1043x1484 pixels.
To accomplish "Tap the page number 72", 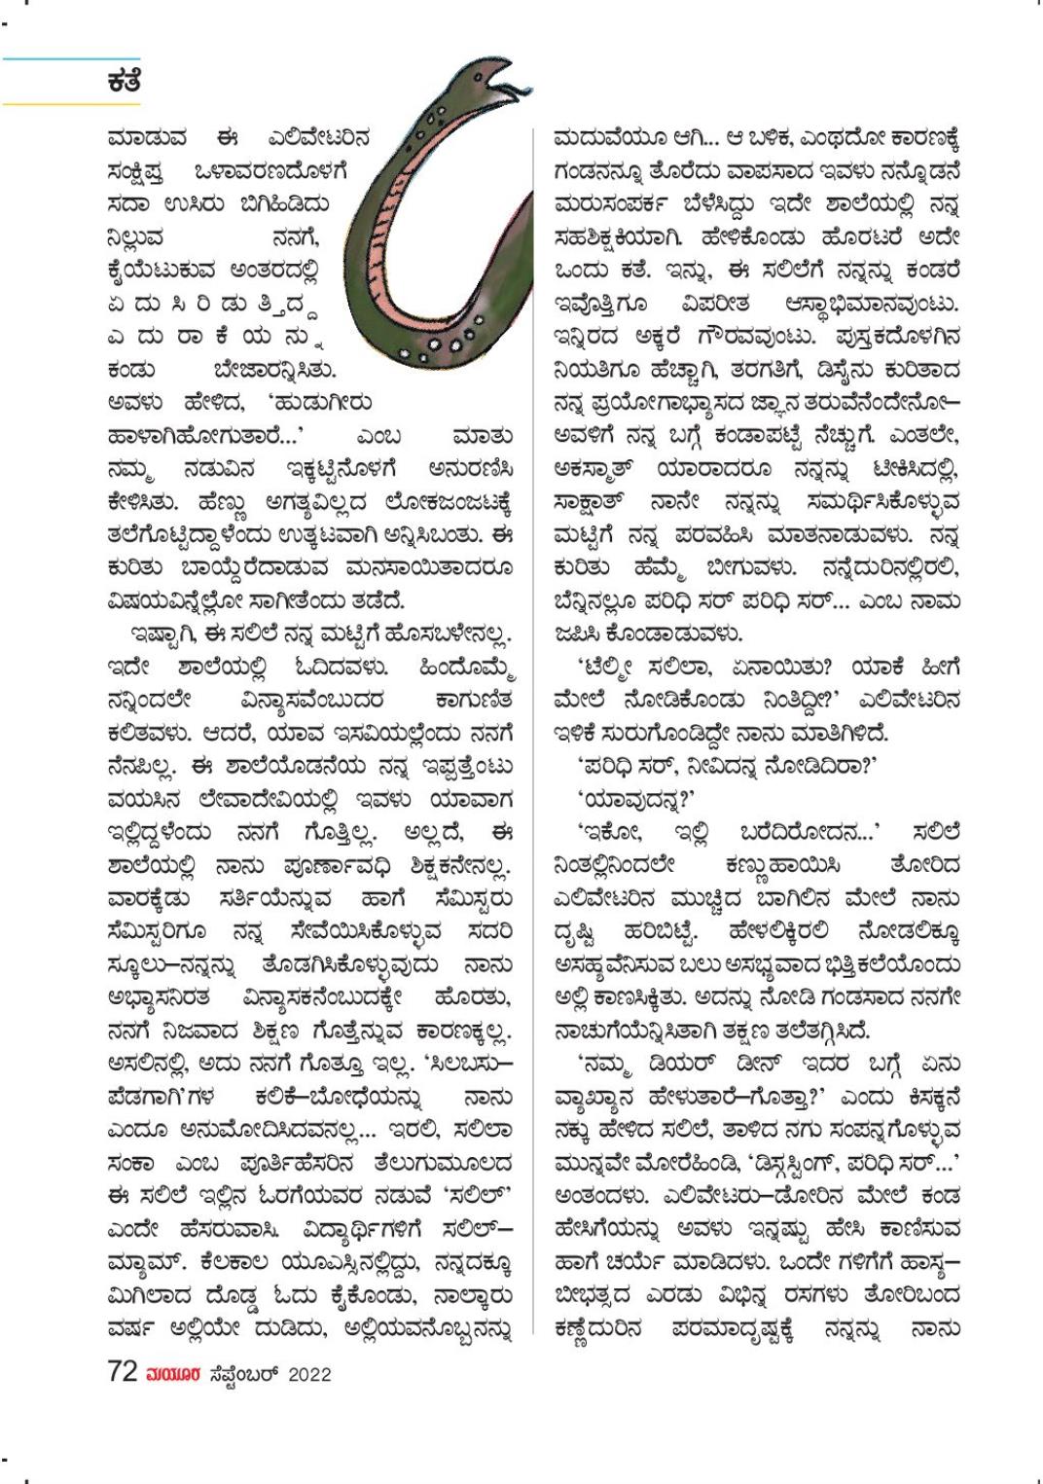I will point(122,1372).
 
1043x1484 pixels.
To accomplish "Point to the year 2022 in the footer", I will point(309,1374).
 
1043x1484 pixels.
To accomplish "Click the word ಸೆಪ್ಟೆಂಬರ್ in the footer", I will point(243,1374).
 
